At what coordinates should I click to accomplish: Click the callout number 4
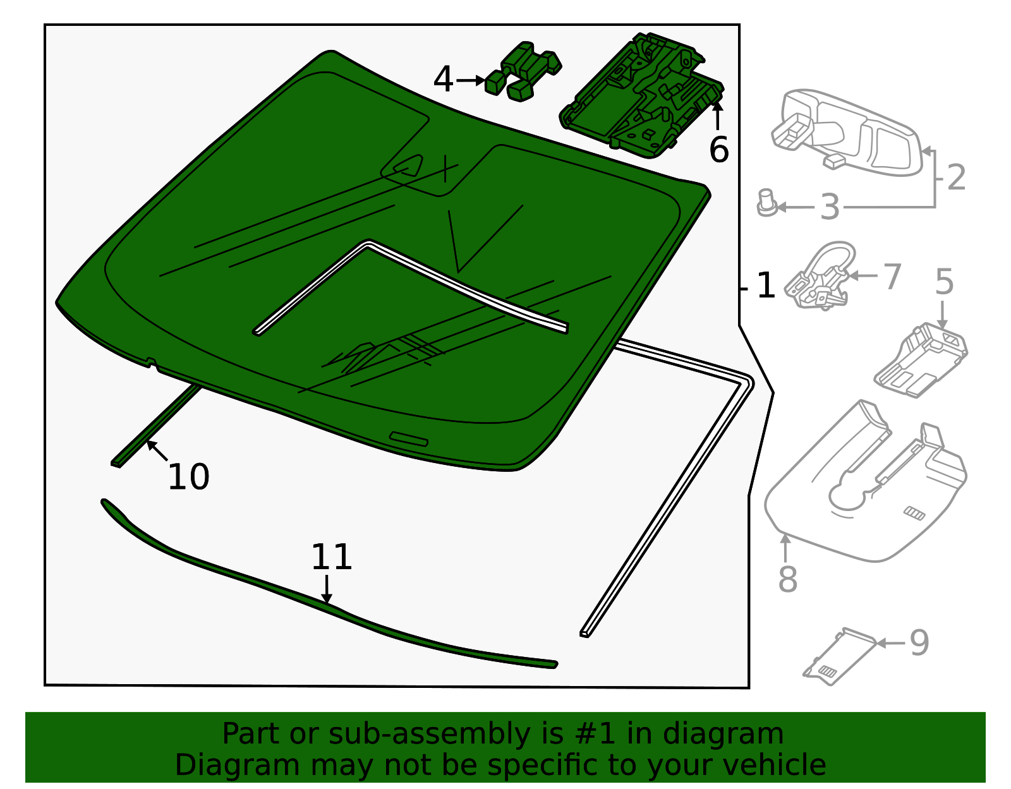click(443, 80)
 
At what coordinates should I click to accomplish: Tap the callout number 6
click(719, 150)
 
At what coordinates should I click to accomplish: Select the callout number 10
click(188, 477)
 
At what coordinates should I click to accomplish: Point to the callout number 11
click(331, 557)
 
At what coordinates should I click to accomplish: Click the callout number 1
click(766, 286)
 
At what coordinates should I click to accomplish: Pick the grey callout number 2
click(957, 178)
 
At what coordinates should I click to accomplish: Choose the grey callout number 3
click(830, 207)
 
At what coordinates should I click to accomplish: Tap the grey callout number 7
click(892, 277)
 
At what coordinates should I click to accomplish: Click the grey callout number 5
click(944, 282)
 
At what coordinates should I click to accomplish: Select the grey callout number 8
click(788, 580)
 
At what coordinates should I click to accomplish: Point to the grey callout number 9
click(919, 644)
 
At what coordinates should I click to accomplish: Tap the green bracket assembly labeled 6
click(641, 96)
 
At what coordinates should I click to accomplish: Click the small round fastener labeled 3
click(766, 203)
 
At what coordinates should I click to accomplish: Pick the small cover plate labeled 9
click(840, 656)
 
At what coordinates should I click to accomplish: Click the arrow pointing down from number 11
click(327, 589)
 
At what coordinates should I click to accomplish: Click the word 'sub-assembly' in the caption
click(429, 734)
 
